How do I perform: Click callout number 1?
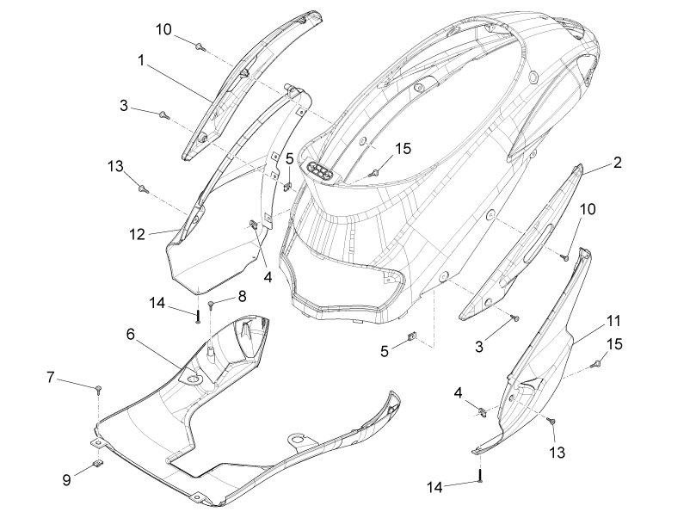(x=141, y=60)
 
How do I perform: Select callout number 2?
(x=618, y=163)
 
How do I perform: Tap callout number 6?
(x=130, y=335)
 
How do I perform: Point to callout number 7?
(x=51, y=377)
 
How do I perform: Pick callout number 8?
(x=242, y=296)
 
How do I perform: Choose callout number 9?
(x=66, y=480)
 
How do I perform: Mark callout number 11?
(x=613, y=321)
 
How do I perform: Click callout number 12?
(x=137, y=235)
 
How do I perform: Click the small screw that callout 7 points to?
(x=99, y=389)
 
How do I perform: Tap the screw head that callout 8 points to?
(x=211, y=303)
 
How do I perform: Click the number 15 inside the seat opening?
(x=403, y=149)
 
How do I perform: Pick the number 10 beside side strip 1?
(x=163, y=30)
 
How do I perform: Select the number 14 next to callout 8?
(x=157, y=303)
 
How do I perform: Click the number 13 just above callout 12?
(x=115, y=166)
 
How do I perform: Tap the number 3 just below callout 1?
(x=124, y=106)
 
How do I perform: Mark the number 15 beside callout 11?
(x=614, y=344)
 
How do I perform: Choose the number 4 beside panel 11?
(x=458, y=393)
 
